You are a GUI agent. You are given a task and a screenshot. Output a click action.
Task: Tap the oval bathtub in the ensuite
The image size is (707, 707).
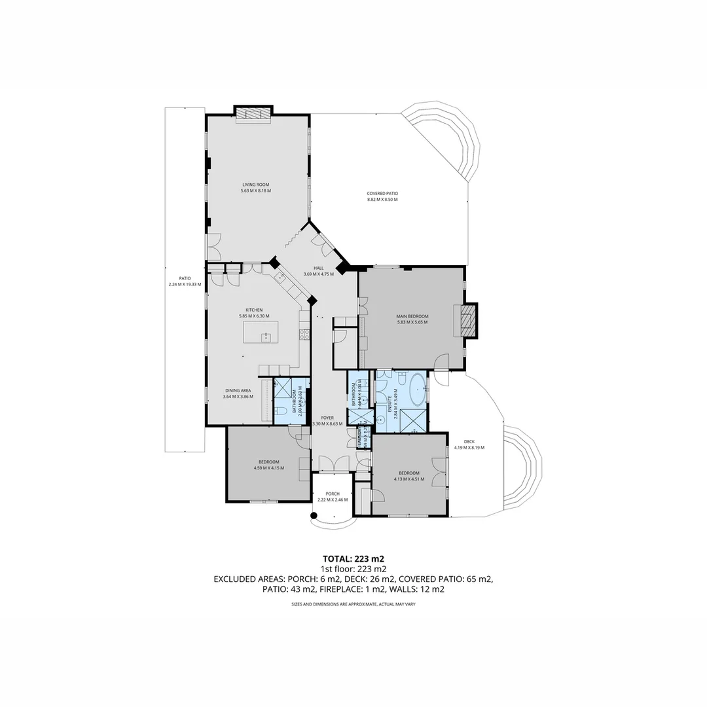[x=417, y=388]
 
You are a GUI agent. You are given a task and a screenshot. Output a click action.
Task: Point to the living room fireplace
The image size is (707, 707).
[x=253, y=113]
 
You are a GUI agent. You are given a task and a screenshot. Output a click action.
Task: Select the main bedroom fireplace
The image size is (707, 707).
[x=467, y=321]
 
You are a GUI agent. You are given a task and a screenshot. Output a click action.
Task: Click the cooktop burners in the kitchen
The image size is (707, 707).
[x=304, y=335]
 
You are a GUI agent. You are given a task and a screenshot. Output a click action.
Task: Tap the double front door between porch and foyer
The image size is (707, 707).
[x=333, y=463]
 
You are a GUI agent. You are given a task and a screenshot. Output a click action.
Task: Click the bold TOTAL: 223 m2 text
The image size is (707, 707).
[x=353, y=558]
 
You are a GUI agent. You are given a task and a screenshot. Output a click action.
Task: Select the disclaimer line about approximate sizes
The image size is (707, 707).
[x=353, y=604]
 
